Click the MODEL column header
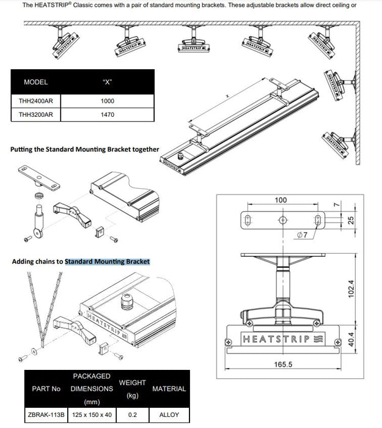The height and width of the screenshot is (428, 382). [35, 82]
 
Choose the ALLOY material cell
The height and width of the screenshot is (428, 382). [169, 414]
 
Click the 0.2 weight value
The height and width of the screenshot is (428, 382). [132, 414]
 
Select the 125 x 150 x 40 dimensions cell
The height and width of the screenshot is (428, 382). [91, 414]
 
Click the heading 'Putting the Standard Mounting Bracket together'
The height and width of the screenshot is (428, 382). [85, 149]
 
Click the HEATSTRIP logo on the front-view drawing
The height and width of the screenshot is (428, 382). [275, 338]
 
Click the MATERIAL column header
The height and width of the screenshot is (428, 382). [169, 388]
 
